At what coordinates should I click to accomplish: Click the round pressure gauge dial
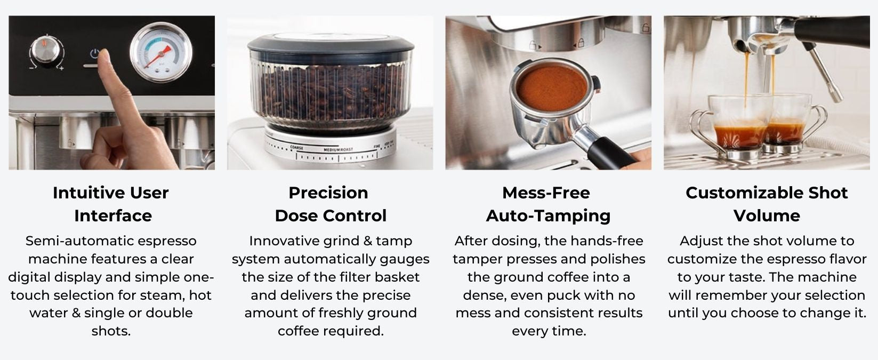click(x=161, y=52)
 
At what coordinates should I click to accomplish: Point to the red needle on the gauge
click(x=158, y=57)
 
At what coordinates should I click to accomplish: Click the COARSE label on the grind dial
click(x=296, y=148)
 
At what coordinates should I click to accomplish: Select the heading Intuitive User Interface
click(x=111, y=204)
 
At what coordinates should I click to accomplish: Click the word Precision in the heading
click(x=328, y=193)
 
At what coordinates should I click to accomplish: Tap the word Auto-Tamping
click(x=549, y=215)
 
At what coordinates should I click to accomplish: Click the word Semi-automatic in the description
click(x=72, y=241)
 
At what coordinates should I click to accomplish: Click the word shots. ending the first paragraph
click(x=111, y=331)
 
